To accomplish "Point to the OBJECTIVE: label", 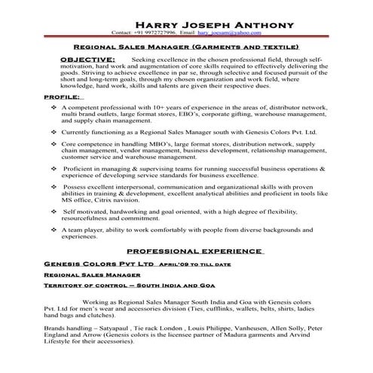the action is click(87, 58).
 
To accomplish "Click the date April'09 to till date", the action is click(191, 265).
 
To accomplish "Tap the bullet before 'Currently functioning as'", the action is click(54, 131).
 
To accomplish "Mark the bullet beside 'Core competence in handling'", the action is click(54, 143).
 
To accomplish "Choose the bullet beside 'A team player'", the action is click(54, 228).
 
